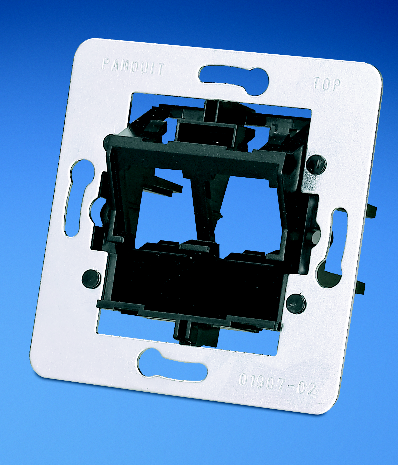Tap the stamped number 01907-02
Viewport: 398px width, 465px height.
tap(277, 385)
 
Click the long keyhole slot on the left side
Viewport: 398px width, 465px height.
tap(77, 198)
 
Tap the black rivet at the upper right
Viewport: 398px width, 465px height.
tap(316, 164)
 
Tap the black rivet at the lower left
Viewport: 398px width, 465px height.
tap(91, 278)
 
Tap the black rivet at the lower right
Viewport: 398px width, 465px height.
tap(296, 304)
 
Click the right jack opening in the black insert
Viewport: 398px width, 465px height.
tap(251, 216)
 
